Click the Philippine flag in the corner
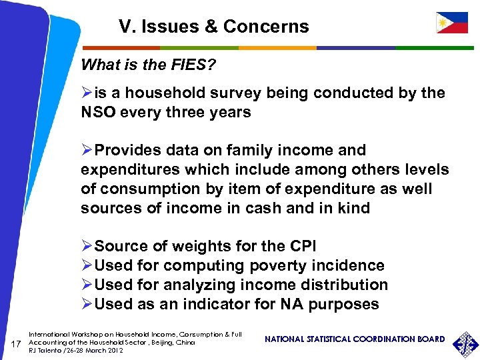tap(451, 23)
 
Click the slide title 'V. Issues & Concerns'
tap(214, 27)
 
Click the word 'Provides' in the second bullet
tap(127, 151)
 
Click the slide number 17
tap(19, 343)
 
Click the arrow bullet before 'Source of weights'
tap(87, 247)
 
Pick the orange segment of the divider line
tap(277, 48)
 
